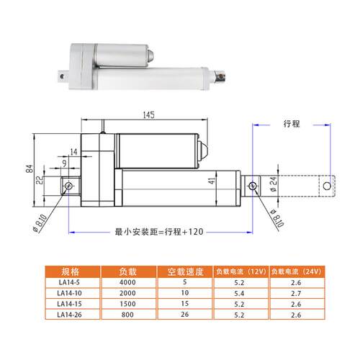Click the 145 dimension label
(x=149, y=115)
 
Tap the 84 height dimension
(x=30, y=168)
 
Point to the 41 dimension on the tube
(x=212, y=181)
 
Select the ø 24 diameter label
(x=274, y=184)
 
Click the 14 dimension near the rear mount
(x=74, y=152)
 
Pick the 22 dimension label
(x=40, y=180)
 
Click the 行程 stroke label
(x=292, y=124)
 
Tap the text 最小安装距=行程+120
(x=159, y=232)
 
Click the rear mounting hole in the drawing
(x=68, y=186)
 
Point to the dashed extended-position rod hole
(x=327, y=186)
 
